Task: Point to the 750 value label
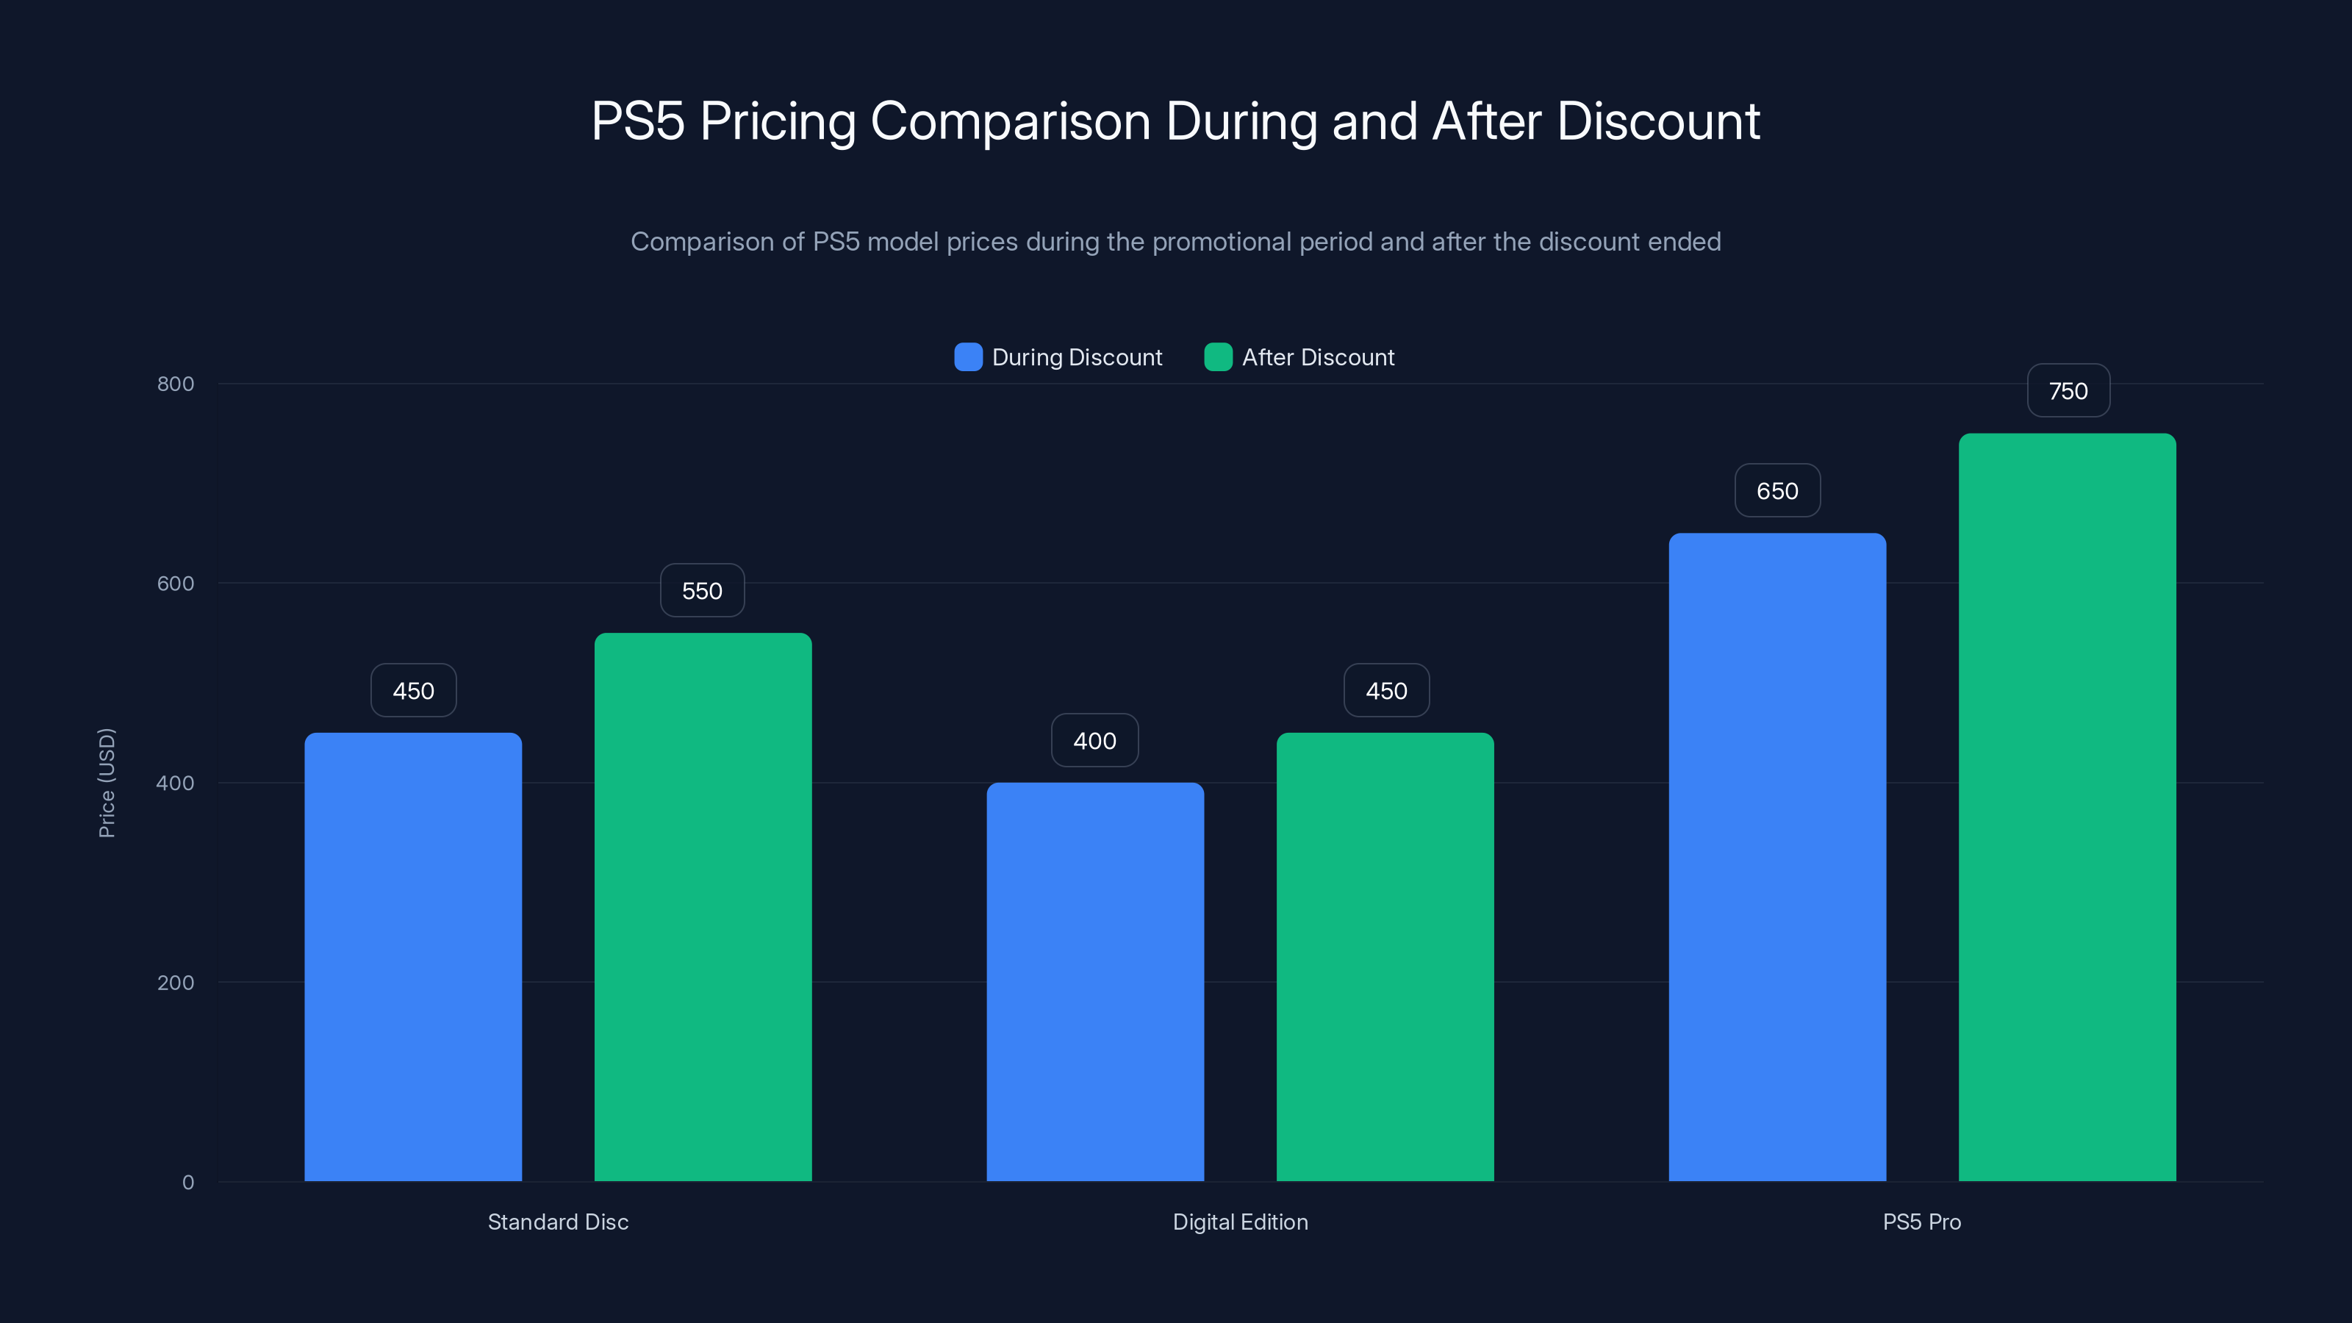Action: tap(2068, 391)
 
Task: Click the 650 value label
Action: tap(1776, 491)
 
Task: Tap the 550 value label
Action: tap(702, 591)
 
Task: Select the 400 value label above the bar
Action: tap(1094, 740)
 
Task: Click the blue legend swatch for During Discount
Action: tap(968, 357)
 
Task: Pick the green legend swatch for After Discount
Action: tap(1218, 357)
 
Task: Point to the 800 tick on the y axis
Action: tap(176, 384)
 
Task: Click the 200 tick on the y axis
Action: tap(176, 983)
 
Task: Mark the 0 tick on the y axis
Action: tap(188, 1183)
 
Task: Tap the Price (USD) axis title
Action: tap(107, 783)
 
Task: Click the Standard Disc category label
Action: tap(558, 1222)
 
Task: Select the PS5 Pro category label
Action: tap(1921, 1222)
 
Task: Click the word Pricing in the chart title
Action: tap(777, 121)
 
